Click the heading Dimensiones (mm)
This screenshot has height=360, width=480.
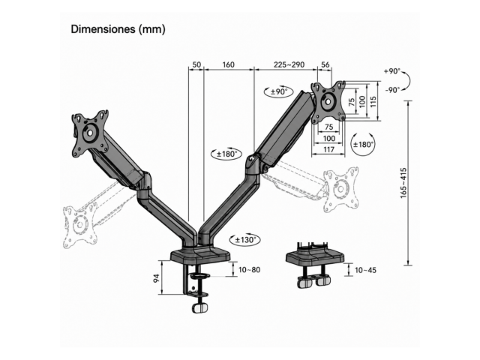point(118,29)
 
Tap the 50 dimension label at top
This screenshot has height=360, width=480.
point(196,65)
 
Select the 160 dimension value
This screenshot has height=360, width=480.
point(228,65)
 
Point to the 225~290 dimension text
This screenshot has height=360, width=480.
point(289,65)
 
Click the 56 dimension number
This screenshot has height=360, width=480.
point(325,65)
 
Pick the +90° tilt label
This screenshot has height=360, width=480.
point(391,71)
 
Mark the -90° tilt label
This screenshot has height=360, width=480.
point(392,90)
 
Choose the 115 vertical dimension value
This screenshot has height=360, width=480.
point(373,101)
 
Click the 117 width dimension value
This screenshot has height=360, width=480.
point(328,150)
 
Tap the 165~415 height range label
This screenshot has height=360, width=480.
point(403,183)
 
